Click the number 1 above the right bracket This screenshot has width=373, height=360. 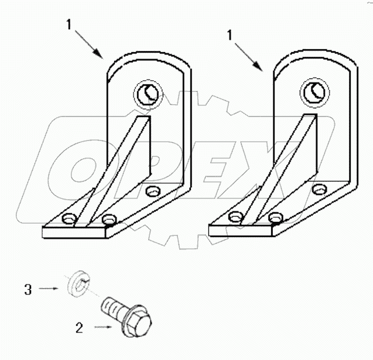point(230,35)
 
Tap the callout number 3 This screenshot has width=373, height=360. point(28,289)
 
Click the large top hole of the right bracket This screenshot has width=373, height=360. point(312,90)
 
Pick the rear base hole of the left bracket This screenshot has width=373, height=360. point(153,190)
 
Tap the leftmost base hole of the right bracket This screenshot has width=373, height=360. point(235,218)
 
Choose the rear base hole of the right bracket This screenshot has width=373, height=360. point(320,189)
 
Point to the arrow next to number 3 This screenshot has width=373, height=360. point(49,289)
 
